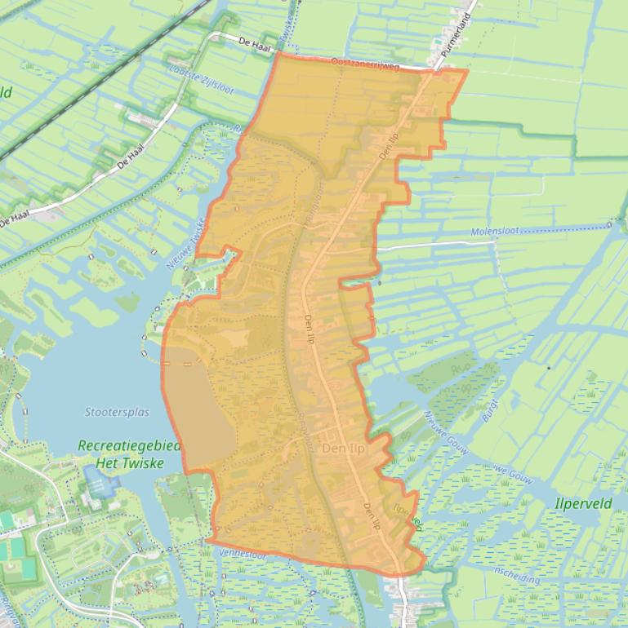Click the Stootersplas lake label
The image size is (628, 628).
[x=117, y=412]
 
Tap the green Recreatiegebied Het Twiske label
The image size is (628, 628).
[x=120, y=454]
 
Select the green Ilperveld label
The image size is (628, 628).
[x=583, y=503]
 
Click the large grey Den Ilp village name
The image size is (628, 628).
[x=343, y=449]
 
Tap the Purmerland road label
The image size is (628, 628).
[x=456, y=33]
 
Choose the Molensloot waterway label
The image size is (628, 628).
[x=495, y=232]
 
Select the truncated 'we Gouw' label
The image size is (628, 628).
[x=512, y=475]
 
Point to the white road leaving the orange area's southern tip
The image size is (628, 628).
[x=404, y=599]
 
